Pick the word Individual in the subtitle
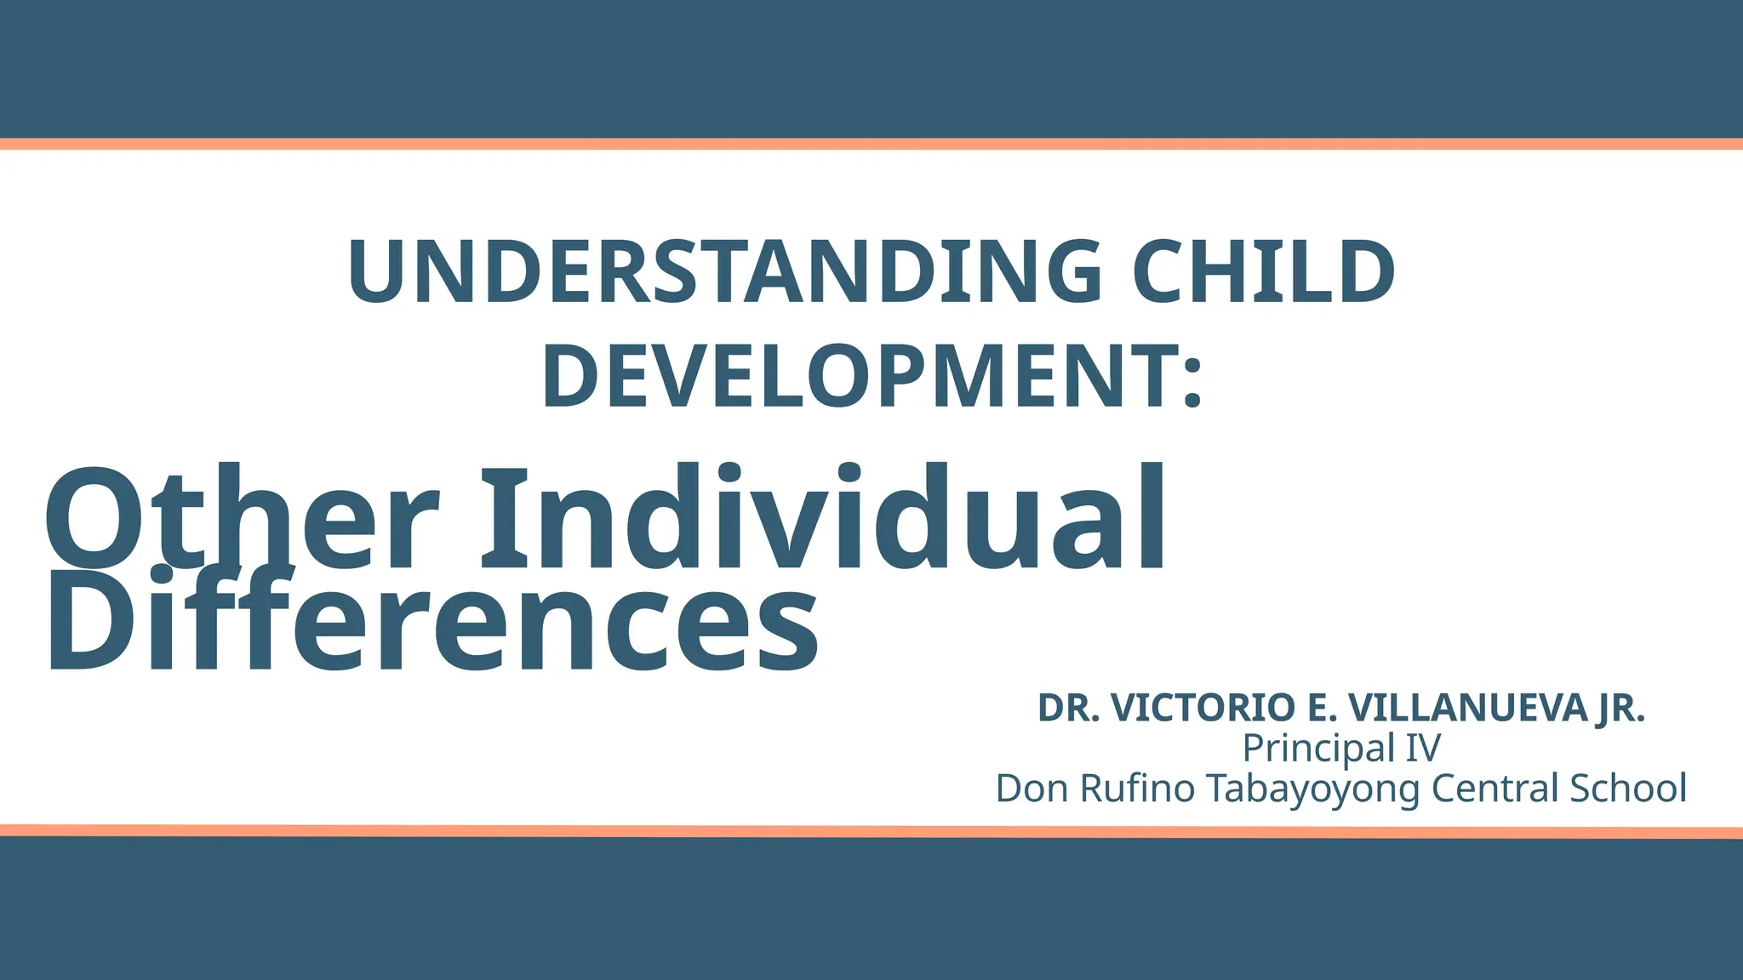click(x=823, y=519)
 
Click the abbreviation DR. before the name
click(x=1069, y=708)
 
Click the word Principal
click(x=1318, y=749)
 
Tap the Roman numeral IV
click(x=1422, y=749)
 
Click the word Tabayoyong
click(x=1314, y=789)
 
